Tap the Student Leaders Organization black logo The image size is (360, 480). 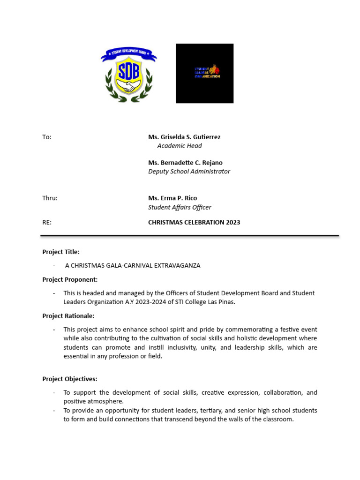point(204,73)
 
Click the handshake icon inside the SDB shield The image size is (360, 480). point(128,87)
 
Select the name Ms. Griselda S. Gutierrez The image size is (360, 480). point(184,137)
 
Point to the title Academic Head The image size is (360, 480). point(180,146)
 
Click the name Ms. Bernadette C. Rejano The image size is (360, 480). point(185,163)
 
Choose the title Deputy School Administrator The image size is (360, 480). point(189,172)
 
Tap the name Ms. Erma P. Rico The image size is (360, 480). point(172,198)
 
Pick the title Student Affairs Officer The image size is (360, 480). point(180,207)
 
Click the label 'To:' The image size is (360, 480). point(47,137)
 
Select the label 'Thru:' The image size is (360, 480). point(50,198)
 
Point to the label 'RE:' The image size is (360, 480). point(47,222)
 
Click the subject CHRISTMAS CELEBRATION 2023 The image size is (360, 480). point(194,222)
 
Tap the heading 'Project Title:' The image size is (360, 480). point(61,252)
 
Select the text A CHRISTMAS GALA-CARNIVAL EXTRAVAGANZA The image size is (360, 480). point(133,265)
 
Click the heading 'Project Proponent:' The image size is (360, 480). point(70,279)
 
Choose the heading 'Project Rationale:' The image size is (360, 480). point(68,316)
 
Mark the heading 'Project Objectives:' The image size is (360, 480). point(70,379)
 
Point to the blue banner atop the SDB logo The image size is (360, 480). point(128,55)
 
